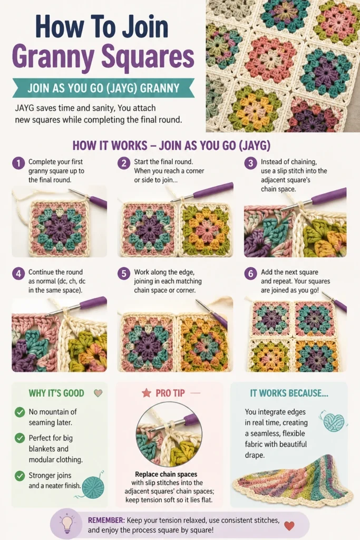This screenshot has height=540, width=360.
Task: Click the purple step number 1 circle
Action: [18, 163]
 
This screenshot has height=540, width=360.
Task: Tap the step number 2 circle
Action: [124, 163]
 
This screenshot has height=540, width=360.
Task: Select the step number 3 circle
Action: [250, 163]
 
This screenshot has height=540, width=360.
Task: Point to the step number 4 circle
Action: [18, 274]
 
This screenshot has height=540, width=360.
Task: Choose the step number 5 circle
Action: [124, 274]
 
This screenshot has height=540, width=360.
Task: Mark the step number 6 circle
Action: [250, 274]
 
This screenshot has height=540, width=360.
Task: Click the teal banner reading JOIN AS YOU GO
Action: [103, 88]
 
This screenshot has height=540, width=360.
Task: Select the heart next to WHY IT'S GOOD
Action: [98, 392]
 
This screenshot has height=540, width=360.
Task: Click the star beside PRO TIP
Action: [147, 392]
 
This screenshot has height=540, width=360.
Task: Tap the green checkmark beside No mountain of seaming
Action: [20, 412]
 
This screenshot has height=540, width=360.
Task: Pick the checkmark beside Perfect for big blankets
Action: [20, 438]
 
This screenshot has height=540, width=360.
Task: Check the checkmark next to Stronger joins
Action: [20, 476]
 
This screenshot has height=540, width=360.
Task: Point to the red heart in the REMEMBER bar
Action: [289, 526]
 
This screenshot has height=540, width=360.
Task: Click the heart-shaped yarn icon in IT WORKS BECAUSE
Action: [334, 422]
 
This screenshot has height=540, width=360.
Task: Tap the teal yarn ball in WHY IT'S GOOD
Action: [93, 487]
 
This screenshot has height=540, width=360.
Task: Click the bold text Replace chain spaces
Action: [166, 474]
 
